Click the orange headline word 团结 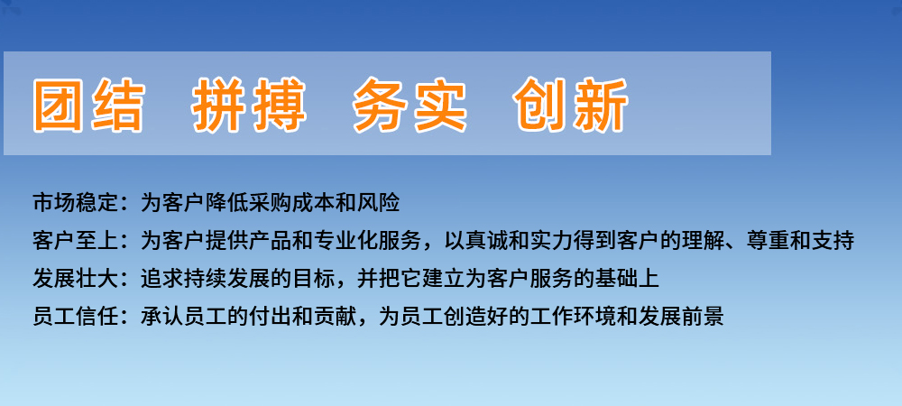88,106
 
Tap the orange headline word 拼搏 249,106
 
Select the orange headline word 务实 410,106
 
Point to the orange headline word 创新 571,106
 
